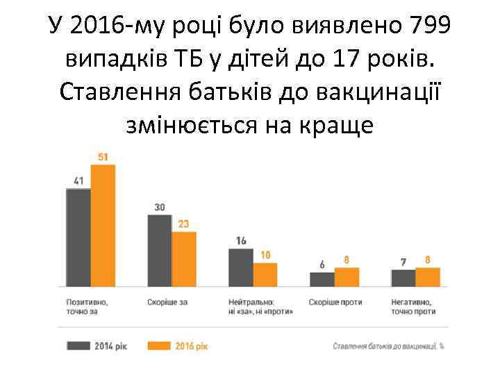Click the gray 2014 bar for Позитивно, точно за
coord(78,237)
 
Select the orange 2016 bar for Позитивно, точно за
coord(103,226)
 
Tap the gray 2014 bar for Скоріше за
coord(160,251)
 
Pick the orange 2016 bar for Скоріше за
coord(184,259)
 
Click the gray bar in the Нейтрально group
coord(241,267)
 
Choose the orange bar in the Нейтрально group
coord(265,274)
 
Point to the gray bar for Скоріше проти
coord(322,279)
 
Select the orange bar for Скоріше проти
coord(347,277)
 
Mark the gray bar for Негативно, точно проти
coord(403,278)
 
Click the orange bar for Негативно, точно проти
coord(428,277)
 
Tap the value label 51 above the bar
coord(103,158)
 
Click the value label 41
coord(78,181)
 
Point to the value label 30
coord(160,207)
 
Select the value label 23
coord(184,224)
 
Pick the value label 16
coord(241,241)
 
